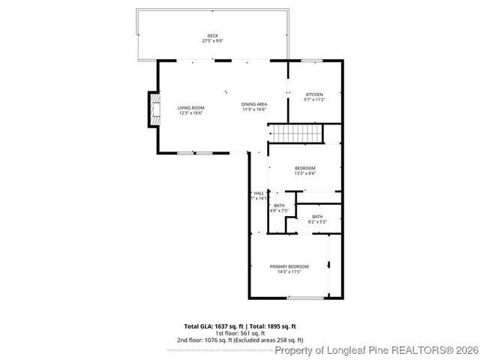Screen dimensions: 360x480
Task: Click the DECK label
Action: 214,36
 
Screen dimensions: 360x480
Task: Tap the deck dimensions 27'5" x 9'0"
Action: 214,41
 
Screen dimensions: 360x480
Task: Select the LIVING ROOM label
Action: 190,108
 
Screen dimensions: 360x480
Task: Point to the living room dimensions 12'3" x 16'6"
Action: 190,113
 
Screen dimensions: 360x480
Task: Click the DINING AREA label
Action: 254,104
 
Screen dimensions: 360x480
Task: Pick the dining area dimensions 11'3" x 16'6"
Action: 254,109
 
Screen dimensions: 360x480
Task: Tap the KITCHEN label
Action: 313,94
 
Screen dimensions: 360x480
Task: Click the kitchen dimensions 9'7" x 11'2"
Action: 313,99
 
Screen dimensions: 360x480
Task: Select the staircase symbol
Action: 295,133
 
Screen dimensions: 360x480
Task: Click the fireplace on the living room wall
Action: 154,109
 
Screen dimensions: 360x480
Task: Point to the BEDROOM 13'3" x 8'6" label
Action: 304,168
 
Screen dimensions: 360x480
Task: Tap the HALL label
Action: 259,193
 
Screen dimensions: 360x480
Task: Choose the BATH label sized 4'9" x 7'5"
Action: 279,205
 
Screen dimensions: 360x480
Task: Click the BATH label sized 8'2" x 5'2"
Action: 317,217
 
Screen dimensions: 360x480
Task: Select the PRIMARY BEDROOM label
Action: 289,266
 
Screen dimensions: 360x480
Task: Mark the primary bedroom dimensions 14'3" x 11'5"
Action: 289,271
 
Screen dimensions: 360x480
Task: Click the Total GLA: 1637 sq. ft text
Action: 214,326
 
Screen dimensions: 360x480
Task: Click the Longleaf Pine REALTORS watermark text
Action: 376,350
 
